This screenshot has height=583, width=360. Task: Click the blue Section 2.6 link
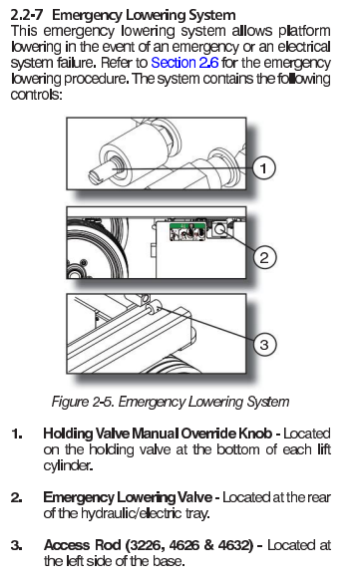click(184, 63)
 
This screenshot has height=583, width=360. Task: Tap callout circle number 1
click(263, 168)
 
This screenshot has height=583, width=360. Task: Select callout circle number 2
click(264, 257)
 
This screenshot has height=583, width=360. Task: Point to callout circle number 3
click(264, 344)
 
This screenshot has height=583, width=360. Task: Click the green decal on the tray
click(187, 232)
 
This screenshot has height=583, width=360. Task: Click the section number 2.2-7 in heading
click(26, 15)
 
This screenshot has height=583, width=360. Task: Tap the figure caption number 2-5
click(103, 402)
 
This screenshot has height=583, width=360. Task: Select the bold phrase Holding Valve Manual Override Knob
click(158, 434)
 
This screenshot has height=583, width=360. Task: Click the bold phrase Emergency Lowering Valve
click(128, 497)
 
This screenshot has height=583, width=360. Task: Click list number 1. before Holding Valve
click(17, 434)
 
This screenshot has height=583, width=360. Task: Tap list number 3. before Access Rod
click(17, 545)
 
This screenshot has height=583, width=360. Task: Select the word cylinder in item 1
click(68, 465)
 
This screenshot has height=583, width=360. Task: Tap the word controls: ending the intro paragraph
click(36, 95)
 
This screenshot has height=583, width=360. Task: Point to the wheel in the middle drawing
click(98, 248)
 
